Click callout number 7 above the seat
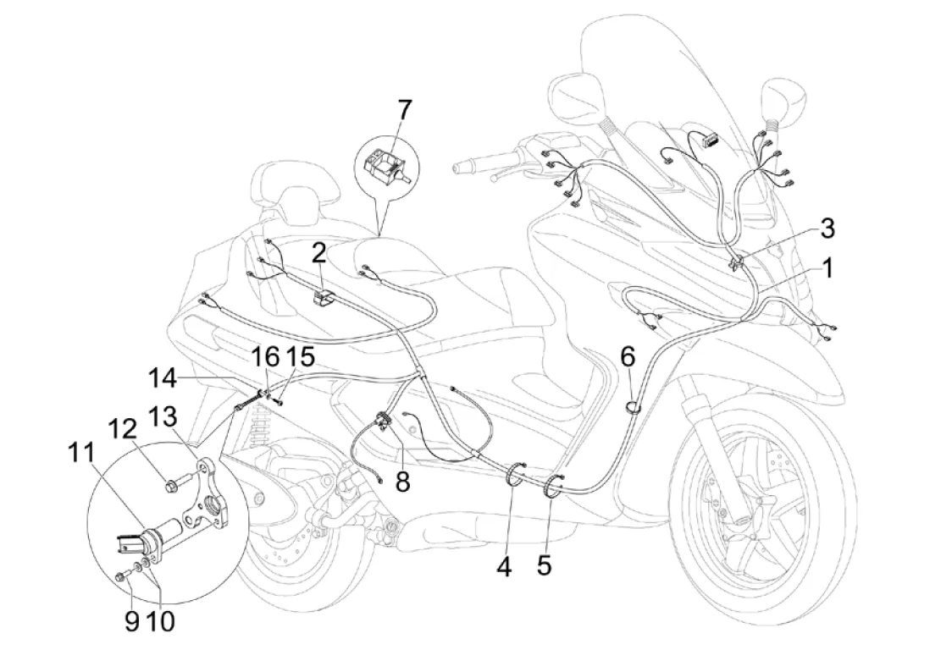click(x=404, y=111)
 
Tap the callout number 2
click(x=320, y=254)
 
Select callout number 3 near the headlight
click(x=827, y=229)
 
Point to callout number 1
click(x=827, y=267)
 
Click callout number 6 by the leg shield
click(x=628, y=357)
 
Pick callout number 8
click(x=402, y=482)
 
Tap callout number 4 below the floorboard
click(x=504, y=567)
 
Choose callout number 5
click(x=544, y=565)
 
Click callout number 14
click(x=162, y=378)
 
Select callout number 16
click(x=267, y=357)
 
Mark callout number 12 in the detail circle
click(x=124, y=431)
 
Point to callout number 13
click(x=163, y=417)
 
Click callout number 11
click(x=81, y=452)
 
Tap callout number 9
click(x=131, y=620)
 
